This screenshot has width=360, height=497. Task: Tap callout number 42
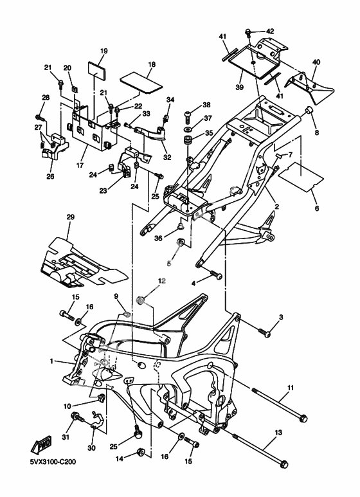(x=270, y=32)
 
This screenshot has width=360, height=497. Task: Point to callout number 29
(x=70, y=217)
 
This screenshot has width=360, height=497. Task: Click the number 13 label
(x=278, y=432)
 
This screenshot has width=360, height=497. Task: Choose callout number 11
(x=291, y=388)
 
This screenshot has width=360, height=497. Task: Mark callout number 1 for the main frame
(x=51, y=361)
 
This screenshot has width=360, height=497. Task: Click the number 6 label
(x=316, y=208)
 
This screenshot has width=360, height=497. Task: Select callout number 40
(x=316, y=62)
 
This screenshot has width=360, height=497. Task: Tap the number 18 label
(x=152, y=64)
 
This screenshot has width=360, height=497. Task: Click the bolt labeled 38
(x=188, y=116)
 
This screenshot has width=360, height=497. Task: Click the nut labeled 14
(x=140, y=451)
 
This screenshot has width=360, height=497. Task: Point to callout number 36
(x=158, y=238)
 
